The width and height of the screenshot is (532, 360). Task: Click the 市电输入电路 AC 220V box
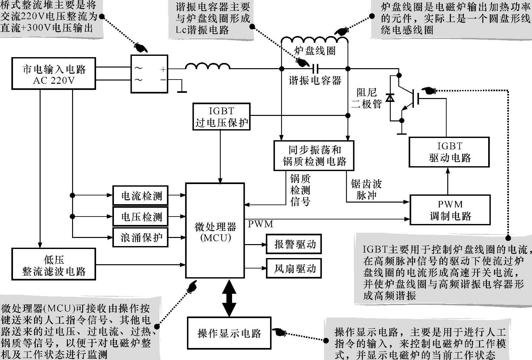point(54,74)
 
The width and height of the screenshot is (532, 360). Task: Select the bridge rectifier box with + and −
point(149,74)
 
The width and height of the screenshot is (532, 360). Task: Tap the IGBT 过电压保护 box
point(221,117)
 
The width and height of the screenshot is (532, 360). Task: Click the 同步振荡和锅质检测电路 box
point(314,155)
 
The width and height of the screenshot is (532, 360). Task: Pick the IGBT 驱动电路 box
point(449,152)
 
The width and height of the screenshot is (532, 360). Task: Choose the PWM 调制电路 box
point(450,210)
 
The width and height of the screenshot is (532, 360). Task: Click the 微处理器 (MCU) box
point(215,230)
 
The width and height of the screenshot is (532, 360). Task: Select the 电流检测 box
point(141,196)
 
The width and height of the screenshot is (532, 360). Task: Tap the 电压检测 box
point(141,217)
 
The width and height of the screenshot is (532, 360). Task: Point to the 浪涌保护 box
point(141,238)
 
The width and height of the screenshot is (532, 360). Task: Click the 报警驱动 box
point(294,244)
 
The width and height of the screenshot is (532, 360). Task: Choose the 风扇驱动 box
point(294,268)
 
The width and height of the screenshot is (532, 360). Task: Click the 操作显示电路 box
point(229,333)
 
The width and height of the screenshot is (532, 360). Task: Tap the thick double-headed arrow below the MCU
point(229,298)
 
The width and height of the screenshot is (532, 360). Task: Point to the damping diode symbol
point(390,97)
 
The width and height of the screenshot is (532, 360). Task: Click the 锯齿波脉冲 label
point(366,190)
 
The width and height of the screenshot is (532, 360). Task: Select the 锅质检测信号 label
point(300,190)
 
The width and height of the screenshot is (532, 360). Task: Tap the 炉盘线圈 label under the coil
point(314,51)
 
